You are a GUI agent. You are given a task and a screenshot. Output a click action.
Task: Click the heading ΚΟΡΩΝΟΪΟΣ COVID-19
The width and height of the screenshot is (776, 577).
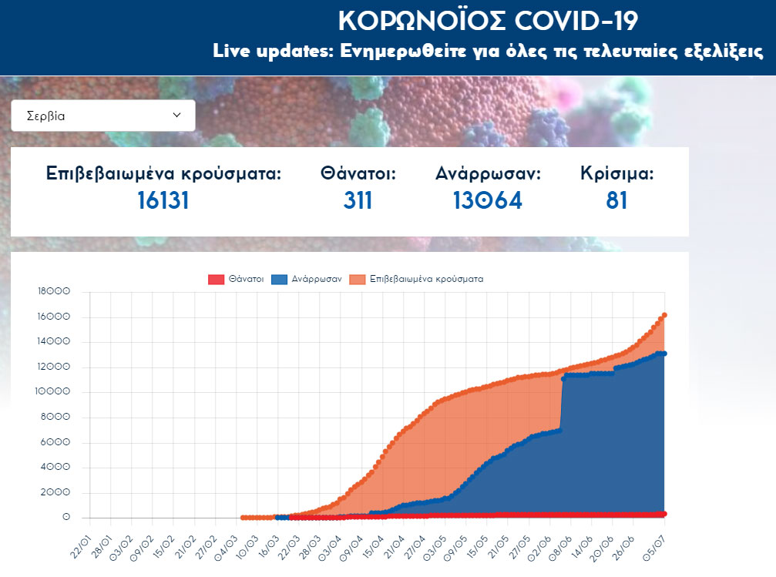tap(488, 21)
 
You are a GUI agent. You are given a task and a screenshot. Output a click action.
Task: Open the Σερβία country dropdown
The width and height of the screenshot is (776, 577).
tap(103, 116)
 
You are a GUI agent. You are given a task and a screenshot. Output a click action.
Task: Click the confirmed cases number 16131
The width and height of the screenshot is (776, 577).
tap(163, 200)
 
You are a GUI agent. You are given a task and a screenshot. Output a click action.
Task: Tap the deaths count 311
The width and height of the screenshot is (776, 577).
tap(358, 200)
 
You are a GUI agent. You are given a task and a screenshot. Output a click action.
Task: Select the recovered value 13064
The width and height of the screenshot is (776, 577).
tap(488, 200)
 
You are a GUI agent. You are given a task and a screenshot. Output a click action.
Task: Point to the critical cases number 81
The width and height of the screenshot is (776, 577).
tap(616, 200)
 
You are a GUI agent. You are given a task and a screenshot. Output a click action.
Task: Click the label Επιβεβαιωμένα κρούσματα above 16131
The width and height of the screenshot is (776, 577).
tap(163, 173)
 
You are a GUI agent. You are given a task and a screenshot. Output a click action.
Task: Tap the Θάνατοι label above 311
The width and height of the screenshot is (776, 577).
tap(358, 173)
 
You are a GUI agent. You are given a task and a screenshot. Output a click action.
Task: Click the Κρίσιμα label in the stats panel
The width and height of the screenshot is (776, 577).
tap(616, 173)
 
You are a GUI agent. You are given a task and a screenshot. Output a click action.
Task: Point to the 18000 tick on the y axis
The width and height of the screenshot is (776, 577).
tap(54, 292)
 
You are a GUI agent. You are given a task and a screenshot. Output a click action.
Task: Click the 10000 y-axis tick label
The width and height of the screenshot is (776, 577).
tap(54, 392)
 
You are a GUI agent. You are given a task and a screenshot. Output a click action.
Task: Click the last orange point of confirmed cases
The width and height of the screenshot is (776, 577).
tap(664, 315)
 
